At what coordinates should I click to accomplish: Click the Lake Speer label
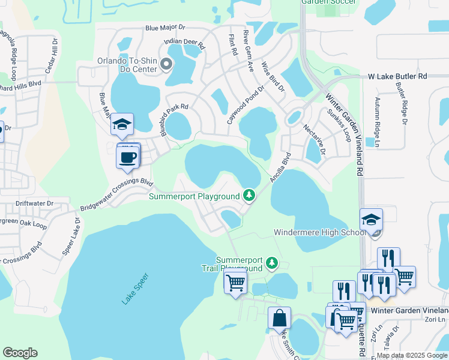[135, 289]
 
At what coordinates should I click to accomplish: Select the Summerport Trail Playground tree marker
[272, 263]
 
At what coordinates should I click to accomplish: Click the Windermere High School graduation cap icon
[371, 220]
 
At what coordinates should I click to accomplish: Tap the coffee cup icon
[128, 158]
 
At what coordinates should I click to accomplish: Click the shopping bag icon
[280, 318]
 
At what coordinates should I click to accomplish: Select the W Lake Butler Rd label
[397, 76]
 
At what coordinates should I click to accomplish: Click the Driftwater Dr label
[34, 203]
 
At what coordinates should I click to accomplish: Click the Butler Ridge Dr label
[400, 104]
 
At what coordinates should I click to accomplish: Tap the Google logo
[20, 353]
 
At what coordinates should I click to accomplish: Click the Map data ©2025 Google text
[412, 355]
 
